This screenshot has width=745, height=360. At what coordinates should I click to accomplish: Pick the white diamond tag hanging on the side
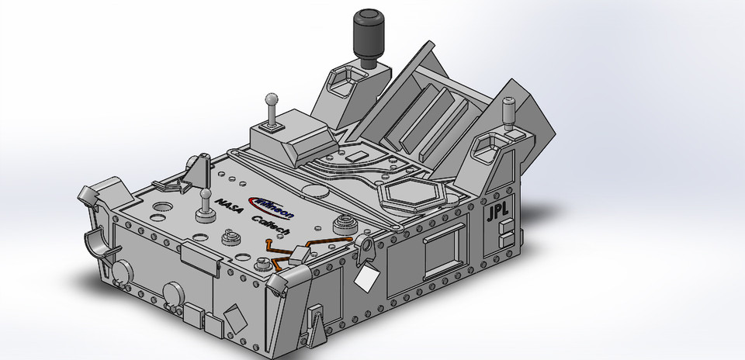[x=366, y=276]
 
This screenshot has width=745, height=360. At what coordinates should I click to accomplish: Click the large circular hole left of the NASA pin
[x=165, y=208]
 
